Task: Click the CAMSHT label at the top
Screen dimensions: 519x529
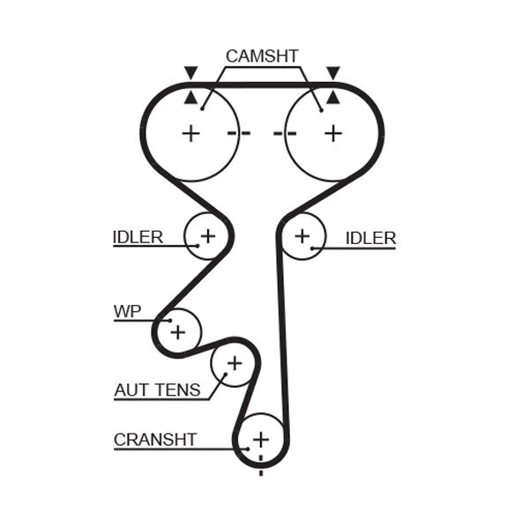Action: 262,56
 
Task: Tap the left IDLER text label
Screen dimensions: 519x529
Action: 138,237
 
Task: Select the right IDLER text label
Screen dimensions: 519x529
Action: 370,238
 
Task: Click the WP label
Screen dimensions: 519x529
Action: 127,311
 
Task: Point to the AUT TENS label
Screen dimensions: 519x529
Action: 157,389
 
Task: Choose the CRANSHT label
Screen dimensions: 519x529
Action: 155,439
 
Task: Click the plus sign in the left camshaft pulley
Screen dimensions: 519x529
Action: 190,133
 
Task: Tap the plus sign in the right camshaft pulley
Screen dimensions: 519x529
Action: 332,133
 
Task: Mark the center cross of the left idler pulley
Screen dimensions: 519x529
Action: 207,236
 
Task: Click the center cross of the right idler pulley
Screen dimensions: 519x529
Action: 302,236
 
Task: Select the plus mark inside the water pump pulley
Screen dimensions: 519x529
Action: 178,332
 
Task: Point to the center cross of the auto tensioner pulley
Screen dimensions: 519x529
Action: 234,362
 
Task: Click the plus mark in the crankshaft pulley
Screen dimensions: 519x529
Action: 260,439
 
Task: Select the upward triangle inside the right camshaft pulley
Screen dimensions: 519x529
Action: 332,97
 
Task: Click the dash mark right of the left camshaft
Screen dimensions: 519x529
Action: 238,133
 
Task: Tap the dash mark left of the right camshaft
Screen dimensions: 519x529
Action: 284,133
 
